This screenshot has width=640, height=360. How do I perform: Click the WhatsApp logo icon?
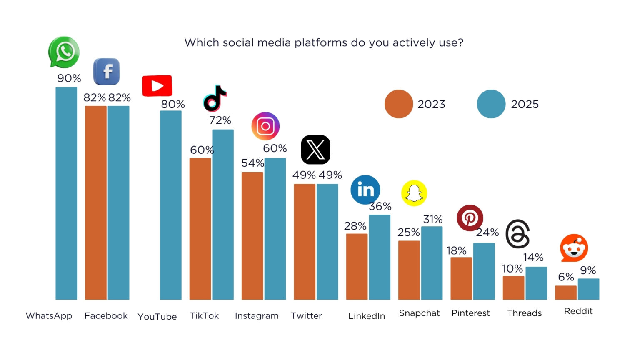(64, 52)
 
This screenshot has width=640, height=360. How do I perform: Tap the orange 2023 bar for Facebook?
(95, 202)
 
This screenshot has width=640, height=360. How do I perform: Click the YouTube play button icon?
(157, 86)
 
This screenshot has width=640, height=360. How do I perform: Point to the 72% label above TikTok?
(220, 120)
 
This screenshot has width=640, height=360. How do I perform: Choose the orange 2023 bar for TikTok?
(200, 228)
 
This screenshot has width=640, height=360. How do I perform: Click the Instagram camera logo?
(265, 126)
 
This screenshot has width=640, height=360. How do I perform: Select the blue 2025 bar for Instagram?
(275, 228)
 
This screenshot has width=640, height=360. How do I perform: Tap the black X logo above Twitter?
(315, 150)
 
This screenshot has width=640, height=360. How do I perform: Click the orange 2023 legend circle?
(399, 104)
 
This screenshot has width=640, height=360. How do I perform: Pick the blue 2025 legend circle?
(491, 104)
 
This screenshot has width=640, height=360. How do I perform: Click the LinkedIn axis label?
(367, 316)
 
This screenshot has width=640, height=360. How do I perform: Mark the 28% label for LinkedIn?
(355, 226)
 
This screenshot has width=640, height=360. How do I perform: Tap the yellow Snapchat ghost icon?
(414, 193)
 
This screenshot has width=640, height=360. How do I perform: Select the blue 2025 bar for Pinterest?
(484, 271)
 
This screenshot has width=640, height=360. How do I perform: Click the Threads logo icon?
(518, 234)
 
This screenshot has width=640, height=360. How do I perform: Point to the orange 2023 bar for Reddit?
(565, 292)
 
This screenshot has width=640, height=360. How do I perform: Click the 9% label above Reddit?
(588, 270)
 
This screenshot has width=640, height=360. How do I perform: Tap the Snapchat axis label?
(419, 313)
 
